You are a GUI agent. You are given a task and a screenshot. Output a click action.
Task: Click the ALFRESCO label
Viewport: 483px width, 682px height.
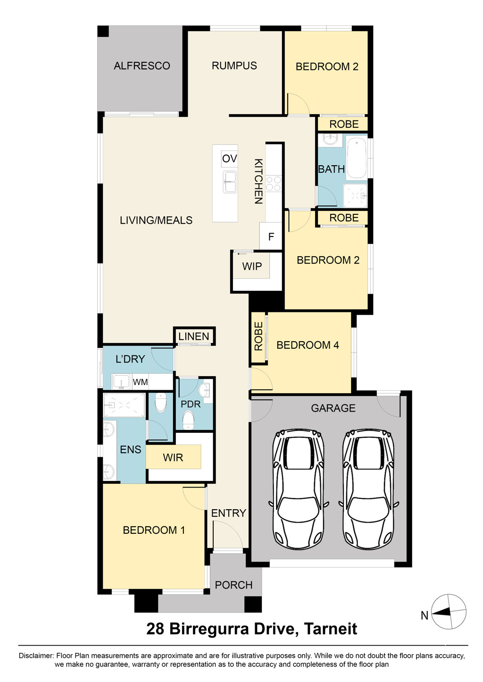[142, 66]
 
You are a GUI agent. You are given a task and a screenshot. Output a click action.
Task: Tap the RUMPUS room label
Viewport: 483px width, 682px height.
[234, 66]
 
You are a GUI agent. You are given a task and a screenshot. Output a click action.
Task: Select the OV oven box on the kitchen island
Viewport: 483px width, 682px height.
[229, 159]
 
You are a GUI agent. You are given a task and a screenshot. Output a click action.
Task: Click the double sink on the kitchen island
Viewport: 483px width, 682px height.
[230, 182]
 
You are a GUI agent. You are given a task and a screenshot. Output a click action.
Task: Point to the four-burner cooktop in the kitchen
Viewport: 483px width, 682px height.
[273, 184]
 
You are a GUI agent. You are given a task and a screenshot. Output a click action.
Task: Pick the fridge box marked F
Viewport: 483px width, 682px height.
[271, 236]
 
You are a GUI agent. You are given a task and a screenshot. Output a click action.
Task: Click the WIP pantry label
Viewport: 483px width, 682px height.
[252, 266]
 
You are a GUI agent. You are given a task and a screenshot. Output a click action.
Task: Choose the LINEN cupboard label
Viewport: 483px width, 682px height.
[193, 337]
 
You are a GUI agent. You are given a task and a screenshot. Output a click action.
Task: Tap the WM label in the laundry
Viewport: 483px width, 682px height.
[140, 382]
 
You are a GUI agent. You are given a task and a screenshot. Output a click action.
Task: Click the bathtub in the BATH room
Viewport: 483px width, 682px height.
[357, 158]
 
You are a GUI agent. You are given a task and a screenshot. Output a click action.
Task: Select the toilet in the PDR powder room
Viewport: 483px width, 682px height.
[188, 421]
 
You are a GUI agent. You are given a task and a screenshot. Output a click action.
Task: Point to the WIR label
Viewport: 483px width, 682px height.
[173, 457]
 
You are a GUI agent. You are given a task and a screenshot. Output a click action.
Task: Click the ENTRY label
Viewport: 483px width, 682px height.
[229, 513]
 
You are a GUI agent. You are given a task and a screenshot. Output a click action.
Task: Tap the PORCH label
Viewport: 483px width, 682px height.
[233, 585]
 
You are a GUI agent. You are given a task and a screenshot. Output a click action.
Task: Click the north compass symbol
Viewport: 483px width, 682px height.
[449, 611]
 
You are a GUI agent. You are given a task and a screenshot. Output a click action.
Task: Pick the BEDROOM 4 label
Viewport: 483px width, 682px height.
[308, 345]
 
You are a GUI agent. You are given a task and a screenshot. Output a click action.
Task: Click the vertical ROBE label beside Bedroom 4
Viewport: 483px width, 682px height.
[258, 337]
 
